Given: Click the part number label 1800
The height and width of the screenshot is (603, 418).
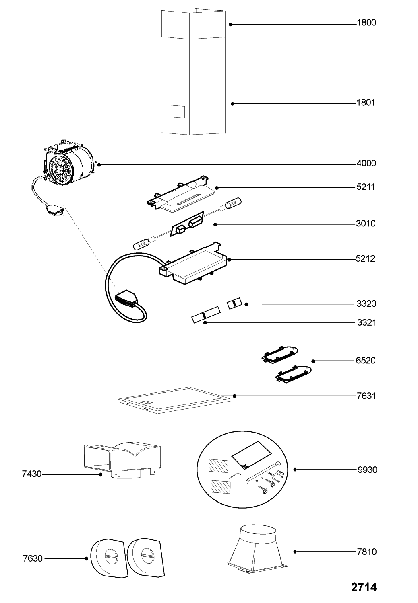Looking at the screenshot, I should coord(366,23).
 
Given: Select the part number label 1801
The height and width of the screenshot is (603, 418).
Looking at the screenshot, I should coord(366,103).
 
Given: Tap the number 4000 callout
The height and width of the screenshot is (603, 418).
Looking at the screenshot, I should coord(366,164).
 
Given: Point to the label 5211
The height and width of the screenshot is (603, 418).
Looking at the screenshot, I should coord(366,187).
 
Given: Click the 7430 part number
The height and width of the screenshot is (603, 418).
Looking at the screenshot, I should coord(32,474).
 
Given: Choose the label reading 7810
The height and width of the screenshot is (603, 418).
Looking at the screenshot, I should coord(366,552).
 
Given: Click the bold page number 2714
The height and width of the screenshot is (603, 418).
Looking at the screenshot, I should coord(364,587).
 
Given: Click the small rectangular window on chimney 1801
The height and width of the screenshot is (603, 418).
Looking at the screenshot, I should coord(175,111).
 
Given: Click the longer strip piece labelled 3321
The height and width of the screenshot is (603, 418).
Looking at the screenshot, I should coord(206,314).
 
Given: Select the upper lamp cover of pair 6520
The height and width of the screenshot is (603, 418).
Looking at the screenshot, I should coord(280,353).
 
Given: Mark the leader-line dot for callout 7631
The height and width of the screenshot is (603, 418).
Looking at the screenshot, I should coord(234,396).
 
